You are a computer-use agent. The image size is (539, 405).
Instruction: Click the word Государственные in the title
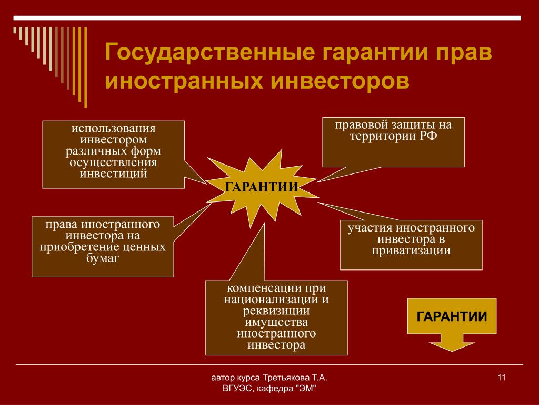click(210, 52)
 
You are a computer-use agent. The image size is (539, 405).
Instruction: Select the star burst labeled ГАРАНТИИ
click(262, 187)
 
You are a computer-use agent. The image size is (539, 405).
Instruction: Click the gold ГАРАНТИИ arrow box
click(452, 324)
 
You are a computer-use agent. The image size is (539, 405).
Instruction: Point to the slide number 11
click(502, 378)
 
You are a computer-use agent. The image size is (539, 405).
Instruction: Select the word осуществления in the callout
click(114, 162)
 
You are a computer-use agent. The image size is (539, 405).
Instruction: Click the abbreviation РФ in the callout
click(428, 136)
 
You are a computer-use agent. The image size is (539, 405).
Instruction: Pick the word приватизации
click(411, 250)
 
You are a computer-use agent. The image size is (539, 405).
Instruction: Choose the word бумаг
click(103, 258)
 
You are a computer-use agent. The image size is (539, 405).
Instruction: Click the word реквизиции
click(276, 311)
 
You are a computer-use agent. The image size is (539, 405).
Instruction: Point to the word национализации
click(271, 300)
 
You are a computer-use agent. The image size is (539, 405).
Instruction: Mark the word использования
click(114, 129)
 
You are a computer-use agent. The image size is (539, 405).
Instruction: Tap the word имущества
click(276, 322)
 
